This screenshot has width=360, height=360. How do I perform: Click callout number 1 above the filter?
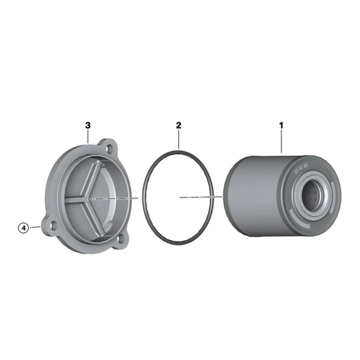(x=281, y=125)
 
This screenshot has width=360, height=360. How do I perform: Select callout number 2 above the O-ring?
(x=178, y=125)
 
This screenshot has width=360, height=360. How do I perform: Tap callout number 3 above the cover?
(x=88, y=125)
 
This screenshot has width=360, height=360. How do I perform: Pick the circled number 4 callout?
(x=23, y=228)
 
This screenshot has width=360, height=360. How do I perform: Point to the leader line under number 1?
(x=282, y=142)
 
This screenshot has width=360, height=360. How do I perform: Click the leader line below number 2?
(x=178, y=139)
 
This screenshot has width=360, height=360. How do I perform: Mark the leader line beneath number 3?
(x=88, y=137)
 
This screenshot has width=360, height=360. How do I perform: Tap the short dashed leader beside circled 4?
(x=35, y=227)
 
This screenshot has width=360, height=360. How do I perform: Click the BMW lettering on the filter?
(x=301, y=168)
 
